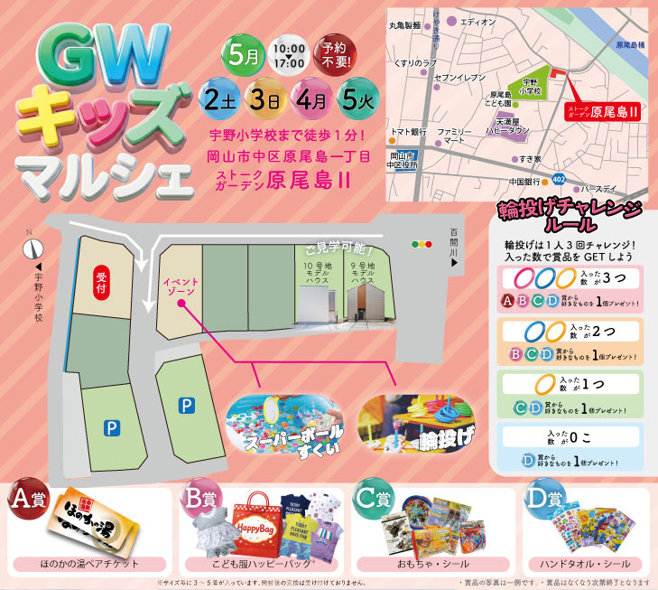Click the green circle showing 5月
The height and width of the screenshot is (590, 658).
tap(247, 53)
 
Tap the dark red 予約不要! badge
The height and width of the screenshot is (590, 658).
tap(330, 53)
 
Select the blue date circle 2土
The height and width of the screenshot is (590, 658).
tap(220, 97)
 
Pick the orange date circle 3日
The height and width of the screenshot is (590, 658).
tap(263, 97)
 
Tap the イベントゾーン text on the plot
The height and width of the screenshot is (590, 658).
tap(181, 289)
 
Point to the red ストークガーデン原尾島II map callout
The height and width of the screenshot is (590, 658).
tap(601, 111)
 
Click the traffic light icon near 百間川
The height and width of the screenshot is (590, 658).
tap(422, 244)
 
